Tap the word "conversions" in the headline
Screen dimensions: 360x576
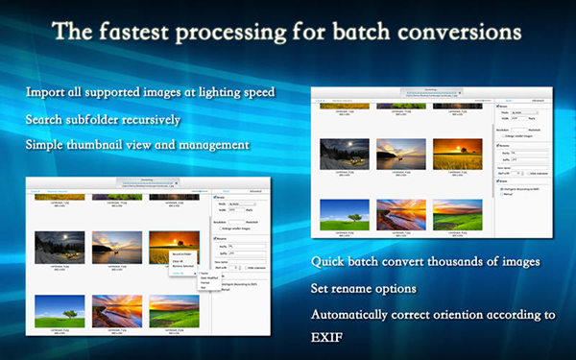click(x=464, y=31)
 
